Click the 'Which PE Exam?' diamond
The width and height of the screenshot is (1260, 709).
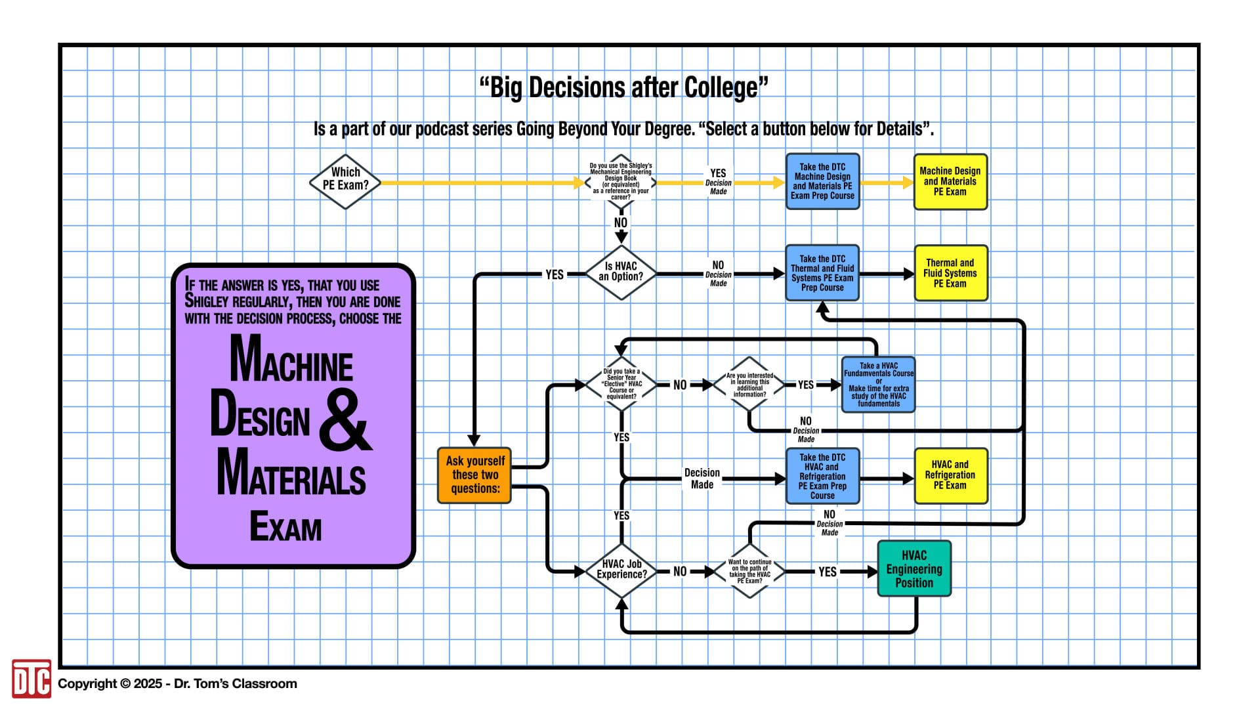click(345, 182)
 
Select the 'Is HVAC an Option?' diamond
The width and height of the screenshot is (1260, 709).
click(620, 272)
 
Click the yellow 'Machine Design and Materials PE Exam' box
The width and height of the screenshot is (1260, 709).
click(950, 182)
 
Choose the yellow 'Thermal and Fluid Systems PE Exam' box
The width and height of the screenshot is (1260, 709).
click(950, 273)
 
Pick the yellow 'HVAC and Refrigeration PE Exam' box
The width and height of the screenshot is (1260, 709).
click(950, 475)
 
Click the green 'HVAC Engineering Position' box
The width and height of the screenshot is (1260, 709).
click(913, 569)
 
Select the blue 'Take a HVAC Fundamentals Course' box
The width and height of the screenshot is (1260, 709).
click(878, 385)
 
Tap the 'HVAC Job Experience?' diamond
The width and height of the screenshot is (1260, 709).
click(621, 570)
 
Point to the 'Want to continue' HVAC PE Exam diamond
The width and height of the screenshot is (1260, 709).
click(749, 570)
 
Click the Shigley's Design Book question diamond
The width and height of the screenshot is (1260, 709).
click(620, 182)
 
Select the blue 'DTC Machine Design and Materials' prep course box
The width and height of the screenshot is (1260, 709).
click(822, 182)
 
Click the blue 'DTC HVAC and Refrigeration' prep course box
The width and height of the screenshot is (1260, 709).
click(822, 476)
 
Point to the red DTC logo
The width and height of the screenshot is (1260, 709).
click(31, 679)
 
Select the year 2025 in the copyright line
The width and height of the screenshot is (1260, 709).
click(148, 684)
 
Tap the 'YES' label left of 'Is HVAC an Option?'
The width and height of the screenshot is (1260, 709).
click(555, 274)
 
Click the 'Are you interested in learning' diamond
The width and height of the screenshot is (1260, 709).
click(749, 385)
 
